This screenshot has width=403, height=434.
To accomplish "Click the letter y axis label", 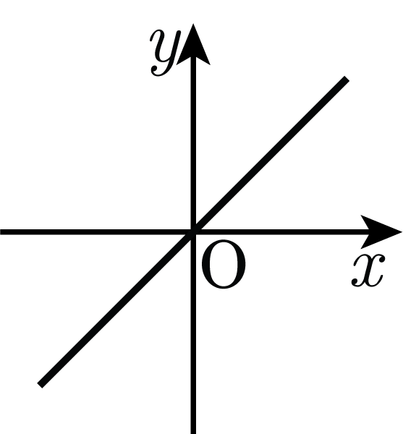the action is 165,53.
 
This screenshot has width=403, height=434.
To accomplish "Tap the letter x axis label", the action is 368,271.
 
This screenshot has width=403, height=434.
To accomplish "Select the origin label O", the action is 224,265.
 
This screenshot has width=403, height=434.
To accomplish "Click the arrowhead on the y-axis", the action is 193,44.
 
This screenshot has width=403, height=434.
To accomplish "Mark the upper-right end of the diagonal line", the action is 347,78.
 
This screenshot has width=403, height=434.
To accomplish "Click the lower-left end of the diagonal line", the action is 40,386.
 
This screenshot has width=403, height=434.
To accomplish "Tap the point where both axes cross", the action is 193,232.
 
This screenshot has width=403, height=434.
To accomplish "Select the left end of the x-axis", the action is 1,232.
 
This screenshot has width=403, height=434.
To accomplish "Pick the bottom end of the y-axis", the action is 193,433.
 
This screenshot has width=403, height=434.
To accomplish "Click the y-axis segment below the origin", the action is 193,333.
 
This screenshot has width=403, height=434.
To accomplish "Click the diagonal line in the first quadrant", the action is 270,155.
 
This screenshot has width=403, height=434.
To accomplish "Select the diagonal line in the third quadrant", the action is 116,309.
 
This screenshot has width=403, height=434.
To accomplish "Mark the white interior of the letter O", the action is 224,265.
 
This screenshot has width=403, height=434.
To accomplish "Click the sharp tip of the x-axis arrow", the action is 402,231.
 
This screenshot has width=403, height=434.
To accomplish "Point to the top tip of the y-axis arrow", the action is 193,25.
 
